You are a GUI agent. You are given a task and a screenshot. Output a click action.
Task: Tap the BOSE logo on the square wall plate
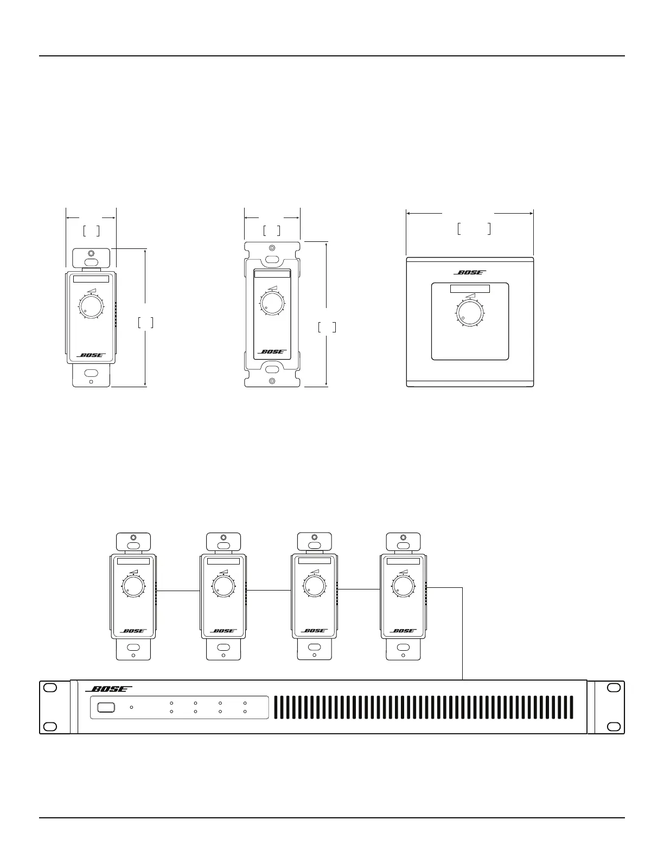point(470,272)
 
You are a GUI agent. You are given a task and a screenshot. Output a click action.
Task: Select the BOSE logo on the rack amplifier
point(108,689)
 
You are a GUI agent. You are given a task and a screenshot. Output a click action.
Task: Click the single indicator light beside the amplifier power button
point(131,707)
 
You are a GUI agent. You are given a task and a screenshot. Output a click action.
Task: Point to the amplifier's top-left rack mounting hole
point(50,688)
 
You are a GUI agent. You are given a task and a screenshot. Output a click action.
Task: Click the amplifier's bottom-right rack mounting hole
point(614,726)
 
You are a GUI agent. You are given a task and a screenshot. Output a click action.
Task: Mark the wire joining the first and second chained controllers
point(178,591)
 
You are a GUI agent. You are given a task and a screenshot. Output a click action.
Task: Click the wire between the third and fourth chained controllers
point(359,589)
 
